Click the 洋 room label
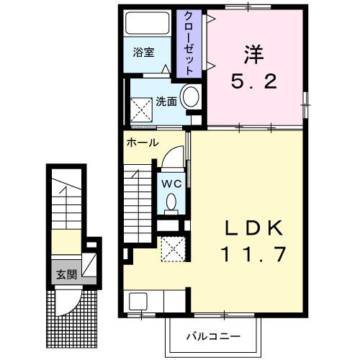pyautogui.click(x=254, y=54)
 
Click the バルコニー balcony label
pyautogui.click(x=212, y=336)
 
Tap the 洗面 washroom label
pyautogui.click(x=167, y=102)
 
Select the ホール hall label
pyautogui.click(x=143, y=143)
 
